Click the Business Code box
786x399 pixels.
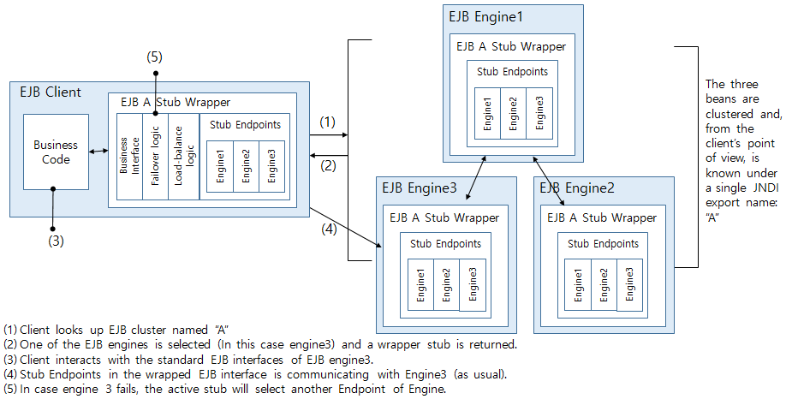[55, 152]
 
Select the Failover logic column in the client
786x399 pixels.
[155, 156]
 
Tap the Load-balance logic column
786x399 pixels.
[184, 156]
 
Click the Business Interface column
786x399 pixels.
[126, 156]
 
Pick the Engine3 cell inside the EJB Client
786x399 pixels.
[271, 166]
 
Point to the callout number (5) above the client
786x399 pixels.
[154, 57]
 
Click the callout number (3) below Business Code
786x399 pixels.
[55, 241]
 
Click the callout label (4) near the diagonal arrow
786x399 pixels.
[328, 229]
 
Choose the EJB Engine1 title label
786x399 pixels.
[485, 16]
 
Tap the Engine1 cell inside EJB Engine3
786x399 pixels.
[421, 285]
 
